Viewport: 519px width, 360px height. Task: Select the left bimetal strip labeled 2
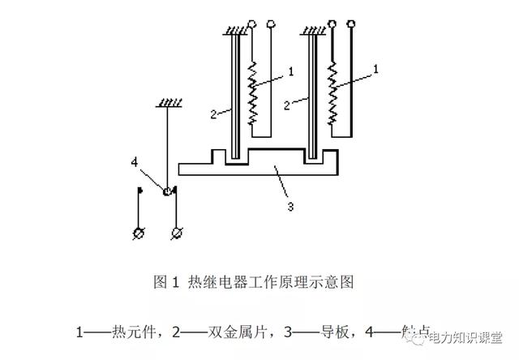[232, 97]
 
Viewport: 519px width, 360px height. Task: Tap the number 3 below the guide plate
[289, 206]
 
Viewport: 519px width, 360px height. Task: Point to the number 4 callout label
[135, 161]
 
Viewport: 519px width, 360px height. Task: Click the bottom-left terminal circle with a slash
[137, 234]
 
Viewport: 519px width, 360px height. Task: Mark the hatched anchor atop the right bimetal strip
[313, 32]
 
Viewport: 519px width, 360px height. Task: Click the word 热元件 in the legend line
[135, 332]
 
